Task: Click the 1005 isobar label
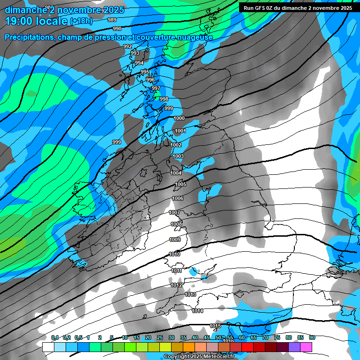[x=180, y=185]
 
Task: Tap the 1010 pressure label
[x=174, y=254]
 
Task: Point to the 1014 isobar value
[x=197, y=311]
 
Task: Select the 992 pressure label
[x=127, y=46]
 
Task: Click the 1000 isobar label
[x=179, y=118]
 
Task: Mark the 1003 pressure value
[x=178, y=156]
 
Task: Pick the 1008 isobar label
[x=176, y=224]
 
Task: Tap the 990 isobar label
[x=117, y=29]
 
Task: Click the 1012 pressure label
[x=177, y=285]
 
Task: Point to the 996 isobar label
[x=150, y=80]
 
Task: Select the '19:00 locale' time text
[x=36, y=21]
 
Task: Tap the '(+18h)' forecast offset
[x=81, y=21]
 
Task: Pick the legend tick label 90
[x=312, y=337]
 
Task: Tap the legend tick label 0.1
[x=55, y=337]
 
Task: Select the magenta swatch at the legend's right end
[x=306, y=347]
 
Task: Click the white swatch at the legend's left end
[x=48, y=347]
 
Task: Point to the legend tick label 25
[x=160, y=337]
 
